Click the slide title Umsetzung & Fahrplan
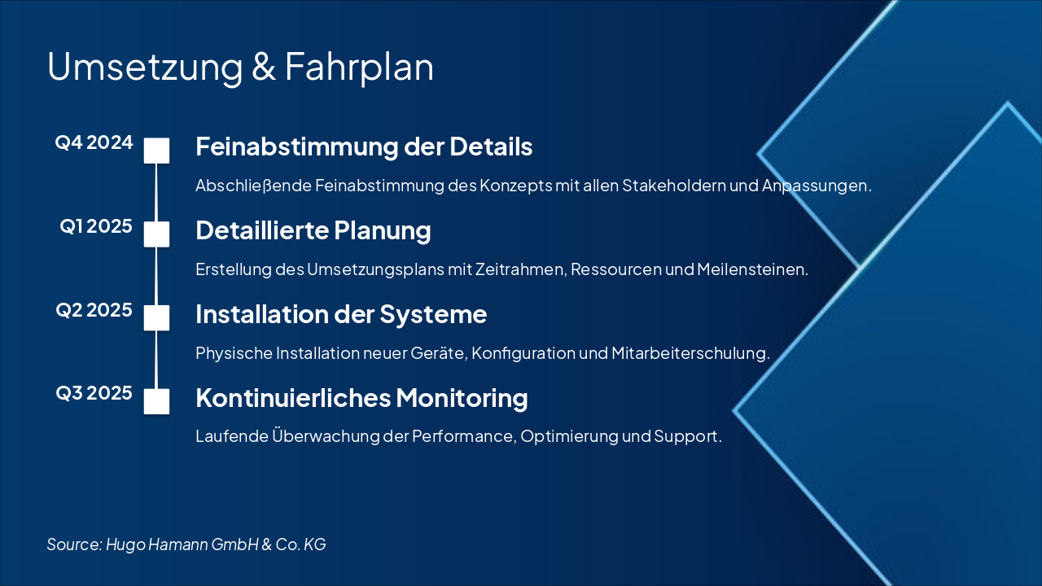(x=240, y=67)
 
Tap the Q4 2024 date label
(x=94, y=143)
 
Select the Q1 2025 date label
(x=96, y=227)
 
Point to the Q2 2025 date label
(x=94, y=310)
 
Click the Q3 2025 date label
(x=94, y=394)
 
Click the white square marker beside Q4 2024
(x=156, y=151)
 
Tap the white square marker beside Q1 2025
(x=156, y=234)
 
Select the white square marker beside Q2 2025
(x=156, y=317)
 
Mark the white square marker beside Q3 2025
(x=156, y=401)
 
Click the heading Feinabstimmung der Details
(x=364, y=147)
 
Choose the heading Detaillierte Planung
(x=313, y=231)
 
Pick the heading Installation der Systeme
(x=341, y=314)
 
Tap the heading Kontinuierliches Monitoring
(x=361, y=399)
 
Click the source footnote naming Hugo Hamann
(x=186, y=544)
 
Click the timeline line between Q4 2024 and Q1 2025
(x=156, y=192)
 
